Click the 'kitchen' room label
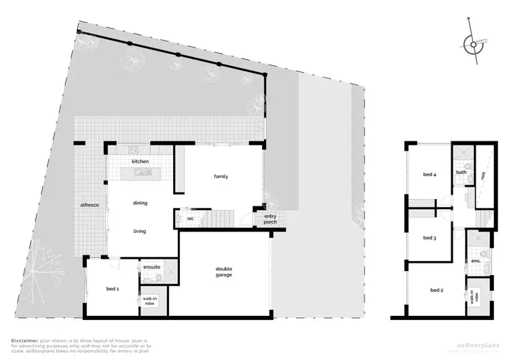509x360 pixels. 140,161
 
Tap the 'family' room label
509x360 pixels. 221,177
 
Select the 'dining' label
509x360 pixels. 140,202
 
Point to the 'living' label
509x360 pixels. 140,231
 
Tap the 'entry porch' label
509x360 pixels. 269,219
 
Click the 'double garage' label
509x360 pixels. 224,271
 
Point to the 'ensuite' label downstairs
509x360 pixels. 151,267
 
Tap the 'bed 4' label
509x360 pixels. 429,175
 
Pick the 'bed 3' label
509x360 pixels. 428,238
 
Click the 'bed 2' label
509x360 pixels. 436,290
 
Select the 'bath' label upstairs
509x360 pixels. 461,172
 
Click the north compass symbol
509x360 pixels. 473,45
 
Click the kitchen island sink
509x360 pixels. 143,173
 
